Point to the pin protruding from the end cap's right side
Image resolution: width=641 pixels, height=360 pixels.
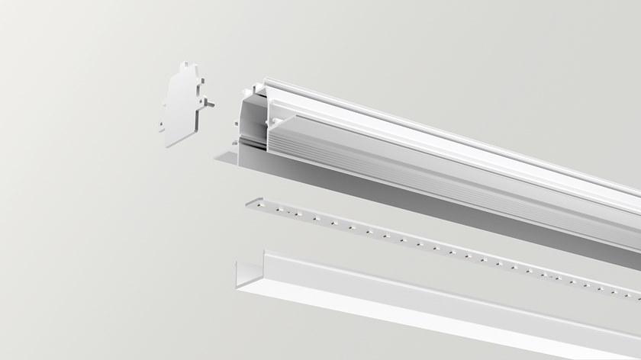(x=211, y=103)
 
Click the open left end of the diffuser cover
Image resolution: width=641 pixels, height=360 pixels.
(x=246, y=272)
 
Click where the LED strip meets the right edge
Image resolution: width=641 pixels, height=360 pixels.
(x=638, y=300)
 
